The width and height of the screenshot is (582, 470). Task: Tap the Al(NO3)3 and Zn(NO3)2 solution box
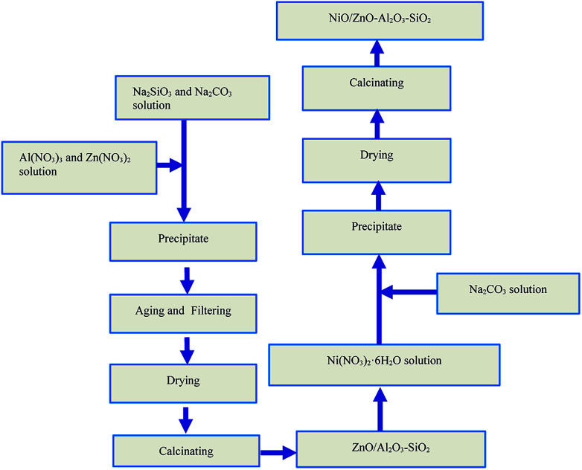pyautogui.click(x=80, y=167)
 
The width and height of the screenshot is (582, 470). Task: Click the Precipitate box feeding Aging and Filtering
pyautogui.click(x=183, y=240)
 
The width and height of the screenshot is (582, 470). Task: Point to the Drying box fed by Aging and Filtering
pyautogui.click(x=183, y=382)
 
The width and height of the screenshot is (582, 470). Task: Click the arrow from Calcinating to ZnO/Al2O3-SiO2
pyautogui.click(x=277, y=451)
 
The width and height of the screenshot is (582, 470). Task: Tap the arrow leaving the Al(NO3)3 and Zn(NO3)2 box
pyautogui.click(x=169, y=166)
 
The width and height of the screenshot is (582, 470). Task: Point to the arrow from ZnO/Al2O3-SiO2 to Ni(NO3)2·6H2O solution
pyautogui.click(x=380, y=408)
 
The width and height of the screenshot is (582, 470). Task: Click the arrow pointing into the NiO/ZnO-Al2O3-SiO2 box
pyautogui.click(x=377, y=52)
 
